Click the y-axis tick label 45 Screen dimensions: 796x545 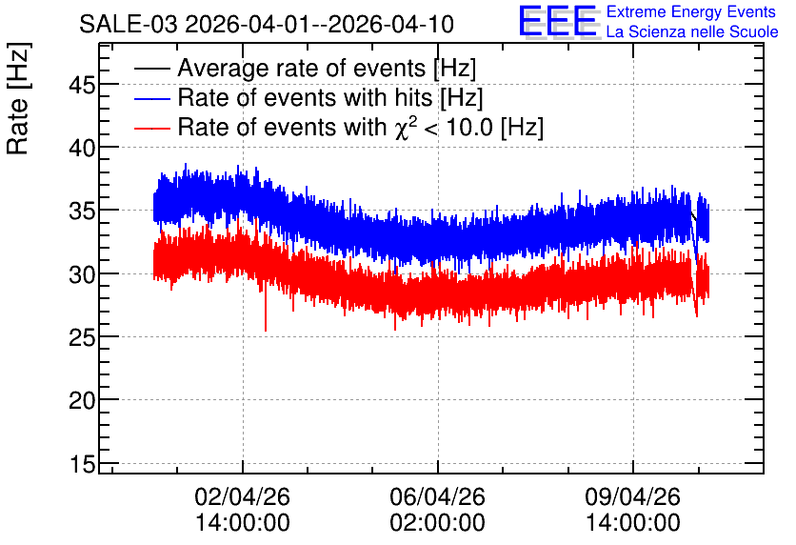pyautogui.click(x=82, y=85)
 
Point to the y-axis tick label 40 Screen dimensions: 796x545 pyautogui.click(x=82, y=149)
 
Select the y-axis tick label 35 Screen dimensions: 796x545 pyautogui.click(x=82, y=212)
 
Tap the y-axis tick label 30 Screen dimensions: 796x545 pyautogui.click(x=82, y=274)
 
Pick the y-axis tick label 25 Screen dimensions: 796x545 pyautogui.click(x=82, y=338)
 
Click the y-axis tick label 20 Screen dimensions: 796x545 pyautogui.click(x=82, y=401)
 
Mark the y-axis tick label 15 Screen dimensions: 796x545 pyautogui.click(x=82, y=464)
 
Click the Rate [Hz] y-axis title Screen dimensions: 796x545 pyautogui.click(x=18, y=99)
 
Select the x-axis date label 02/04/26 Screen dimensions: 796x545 pyautogui.click(x=242, y=496)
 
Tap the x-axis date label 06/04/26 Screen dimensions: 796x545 pyautogui.click(x=437, y=496)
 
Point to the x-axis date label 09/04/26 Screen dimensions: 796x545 pyautogui.click(x=632, y=496)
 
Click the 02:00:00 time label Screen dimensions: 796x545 pyautogui.click(x=437, y=523)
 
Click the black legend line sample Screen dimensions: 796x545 pyautogui.click(x=151, y=69)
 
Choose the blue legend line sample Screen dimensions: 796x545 pyautogui.click(x=151, y=98)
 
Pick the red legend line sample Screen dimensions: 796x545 pyautogui.click(x=151, y=128)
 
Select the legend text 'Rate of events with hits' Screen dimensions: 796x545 pyautogui.click(x=305, y=97)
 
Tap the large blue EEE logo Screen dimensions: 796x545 pyautogui.click(x=558, y=21)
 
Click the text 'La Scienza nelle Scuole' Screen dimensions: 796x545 pyautogui.click(x=692, y=31)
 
